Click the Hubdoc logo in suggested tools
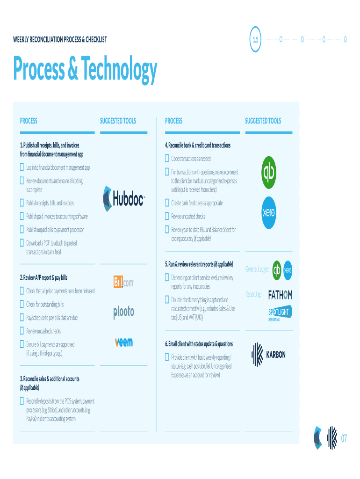tap(124, 198)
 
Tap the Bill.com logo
tap(124, 282)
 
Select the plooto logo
tap(124, 312)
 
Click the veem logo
tap(124, 341)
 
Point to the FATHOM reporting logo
tap(280, 295)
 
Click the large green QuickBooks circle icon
tap(269, 172)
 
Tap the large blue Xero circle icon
tap(269, 213)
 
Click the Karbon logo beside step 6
tap(268, 355)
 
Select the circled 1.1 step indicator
tap(255, 39)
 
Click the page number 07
tap(344, 439)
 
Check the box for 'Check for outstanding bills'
tap(22, 304)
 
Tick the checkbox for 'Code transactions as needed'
tap(167, 158)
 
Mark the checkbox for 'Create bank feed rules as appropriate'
tap(167, 203)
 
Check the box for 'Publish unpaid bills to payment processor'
tap(22, 229)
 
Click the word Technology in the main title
tap(119, 69)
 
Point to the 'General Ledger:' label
tap(257, 269)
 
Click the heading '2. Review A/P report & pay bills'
tap(43, 277)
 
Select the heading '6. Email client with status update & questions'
tap(199, 344)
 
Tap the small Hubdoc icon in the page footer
tap(318, 438)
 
